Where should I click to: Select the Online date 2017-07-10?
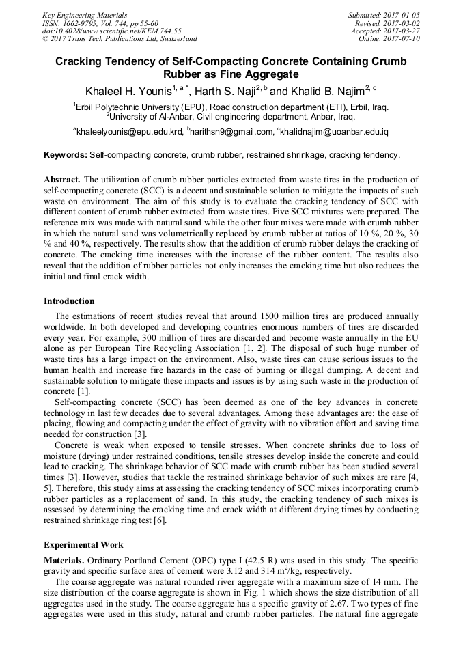[402, 39]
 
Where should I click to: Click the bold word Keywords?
[65, 156]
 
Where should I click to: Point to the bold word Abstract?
[61, 179]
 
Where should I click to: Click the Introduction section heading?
[69, 301]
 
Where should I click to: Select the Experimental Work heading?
[83, 545]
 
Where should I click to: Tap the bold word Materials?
[64, 560]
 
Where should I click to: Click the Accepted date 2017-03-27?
[403, 31]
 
